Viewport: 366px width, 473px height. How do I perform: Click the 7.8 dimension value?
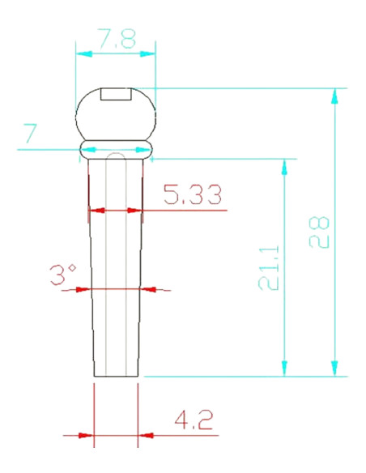117,39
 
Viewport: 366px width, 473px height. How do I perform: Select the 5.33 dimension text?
193,194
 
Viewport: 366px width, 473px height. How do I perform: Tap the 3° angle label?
63,275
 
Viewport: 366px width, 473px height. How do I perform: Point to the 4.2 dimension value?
194,420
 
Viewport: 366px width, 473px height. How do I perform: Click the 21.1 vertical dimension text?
269,268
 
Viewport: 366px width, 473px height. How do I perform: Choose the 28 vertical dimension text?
319,232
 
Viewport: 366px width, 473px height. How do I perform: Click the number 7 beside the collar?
31,133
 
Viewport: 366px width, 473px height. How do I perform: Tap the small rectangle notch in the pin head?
116,94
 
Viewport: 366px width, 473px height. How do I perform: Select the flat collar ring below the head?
116,149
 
